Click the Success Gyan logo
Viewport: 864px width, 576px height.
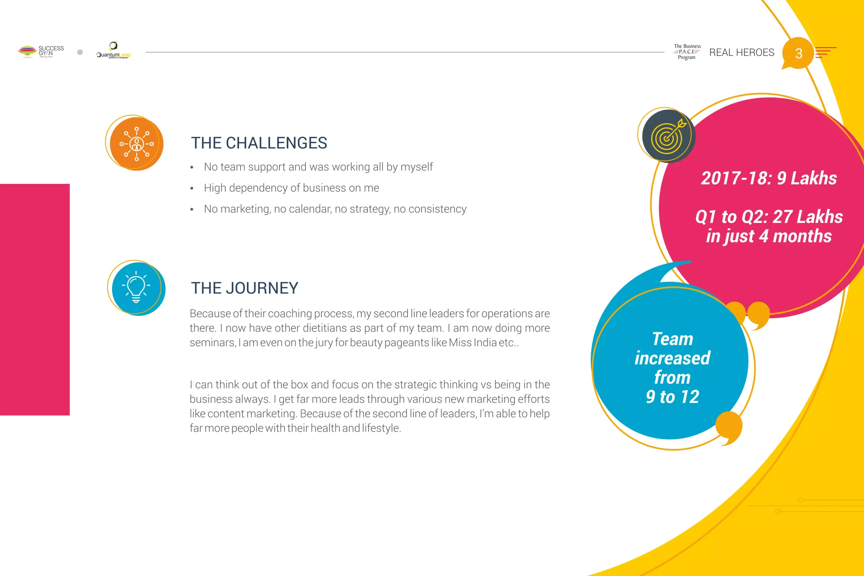point(41,52)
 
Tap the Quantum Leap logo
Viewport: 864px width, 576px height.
point(113,50)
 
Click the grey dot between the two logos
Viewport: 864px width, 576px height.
point(80,52)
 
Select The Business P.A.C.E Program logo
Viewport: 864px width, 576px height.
point(687,52)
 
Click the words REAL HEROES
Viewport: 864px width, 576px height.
point(742,53)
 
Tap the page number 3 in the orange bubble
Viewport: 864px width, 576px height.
point(799,54)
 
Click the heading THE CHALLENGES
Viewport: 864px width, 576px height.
point(259,143)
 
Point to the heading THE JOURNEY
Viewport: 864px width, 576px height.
point(245,288)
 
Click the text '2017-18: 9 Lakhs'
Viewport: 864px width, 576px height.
point(769,178)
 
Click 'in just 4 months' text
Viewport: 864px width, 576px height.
point(769,236)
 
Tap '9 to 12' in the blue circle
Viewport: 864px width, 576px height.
point(672,397)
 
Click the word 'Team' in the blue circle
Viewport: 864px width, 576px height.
point(673,339)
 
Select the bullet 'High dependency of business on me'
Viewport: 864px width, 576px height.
point(291,188)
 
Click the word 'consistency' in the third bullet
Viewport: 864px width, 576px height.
point(437,209)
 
